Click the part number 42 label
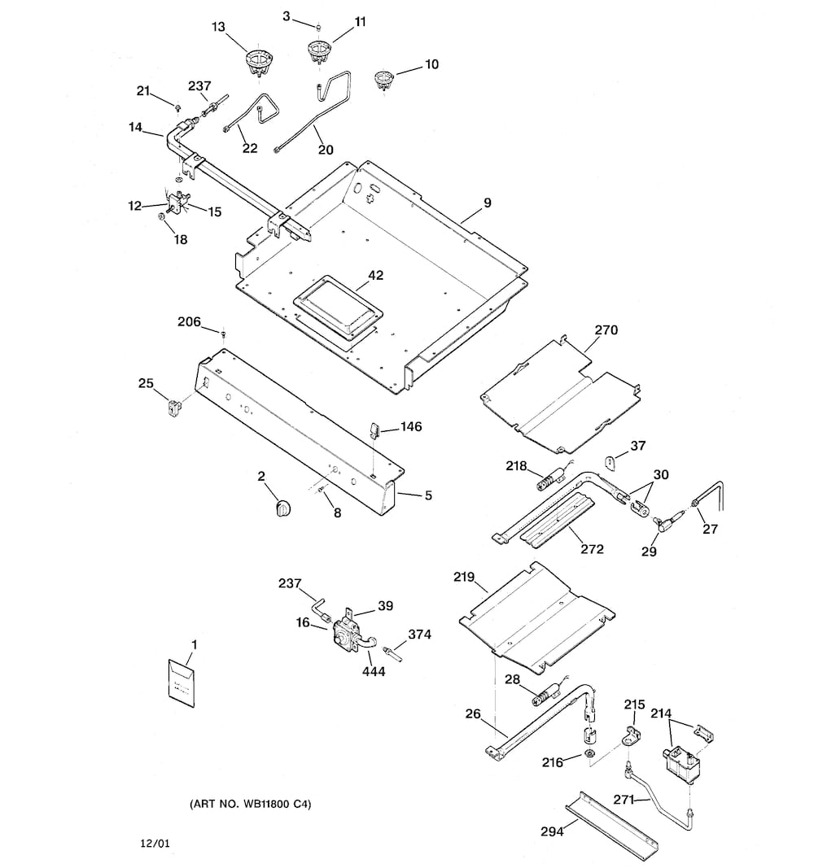click(x=375, y=275)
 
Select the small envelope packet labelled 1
click(x=182, y=683)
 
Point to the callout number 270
click(x=606, y=330)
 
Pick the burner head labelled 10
click(x=383, y=79)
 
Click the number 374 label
click(x=419, y=635)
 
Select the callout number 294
click(x=552, y=831)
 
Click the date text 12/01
click(x=155, y=844)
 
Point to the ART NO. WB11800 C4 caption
click(x=250, y=804)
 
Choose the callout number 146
click(x=411, y=427)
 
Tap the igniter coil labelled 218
click(x=550, y=479)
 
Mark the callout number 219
click(x=464, y=577)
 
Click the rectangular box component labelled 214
click(x=681, y=765)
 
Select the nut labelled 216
click(x=590, y=754)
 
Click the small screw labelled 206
click(x=223, y=334)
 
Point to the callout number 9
click(x=488, y=203)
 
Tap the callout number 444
click(x=374, y=671)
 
